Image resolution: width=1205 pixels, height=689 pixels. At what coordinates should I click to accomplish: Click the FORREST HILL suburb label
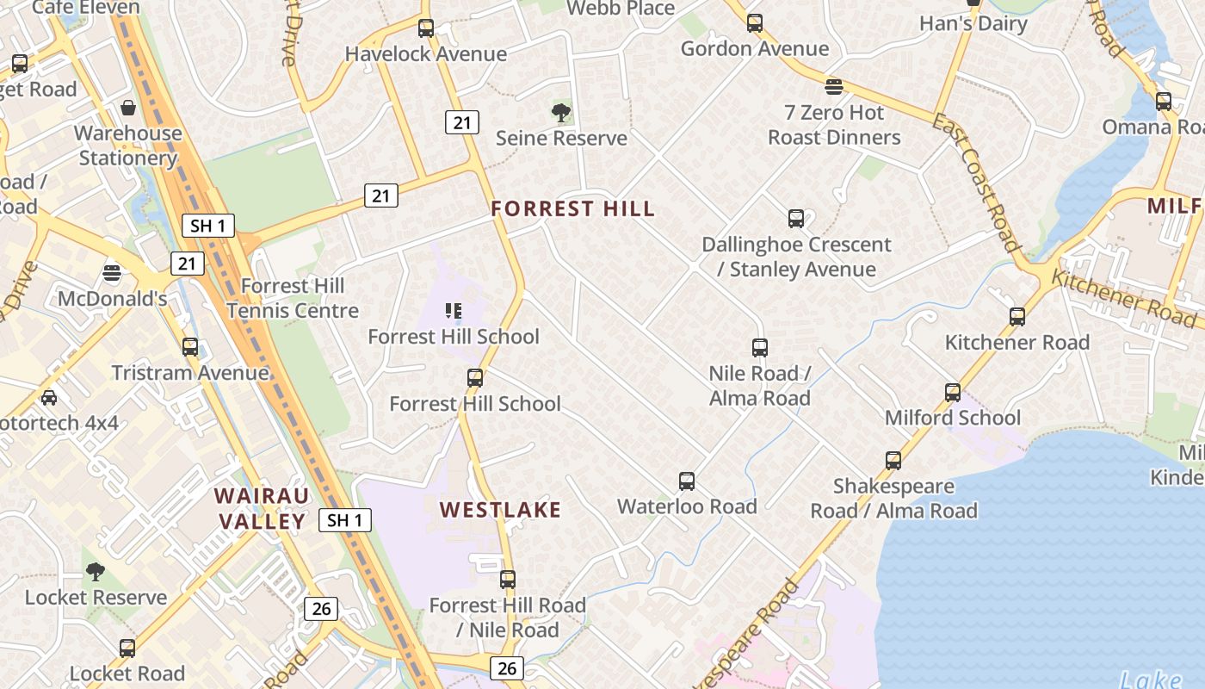coord(572,208)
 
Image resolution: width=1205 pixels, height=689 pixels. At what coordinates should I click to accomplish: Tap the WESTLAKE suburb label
coord(500,510)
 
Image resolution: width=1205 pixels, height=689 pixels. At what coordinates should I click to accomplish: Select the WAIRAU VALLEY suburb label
coord(261,508)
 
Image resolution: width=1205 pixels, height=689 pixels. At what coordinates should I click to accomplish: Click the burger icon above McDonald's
coord(112,274)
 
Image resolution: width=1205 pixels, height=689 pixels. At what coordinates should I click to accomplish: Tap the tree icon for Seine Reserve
coord(561,112)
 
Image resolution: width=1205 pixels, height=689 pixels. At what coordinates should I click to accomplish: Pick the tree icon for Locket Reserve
coord(96,572)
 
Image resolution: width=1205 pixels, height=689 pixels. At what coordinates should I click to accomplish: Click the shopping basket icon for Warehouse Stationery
coord(128,108)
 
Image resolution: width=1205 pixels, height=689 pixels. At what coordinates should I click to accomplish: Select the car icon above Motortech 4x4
coord(49,398)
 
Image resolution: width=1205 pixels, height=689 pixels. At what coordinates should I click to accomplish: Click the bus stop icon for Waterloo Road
coord(687,481)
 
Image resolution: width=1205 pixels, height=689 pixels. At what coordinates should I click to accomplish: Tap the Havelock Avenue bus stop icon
coord(426,28)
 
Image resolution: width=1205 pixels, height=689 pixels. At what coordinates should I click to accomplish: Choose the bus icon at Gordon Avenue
coord(755,23)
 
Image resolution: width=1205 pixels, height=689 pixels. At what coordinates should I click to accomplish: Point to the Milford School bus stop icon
coord(953,393)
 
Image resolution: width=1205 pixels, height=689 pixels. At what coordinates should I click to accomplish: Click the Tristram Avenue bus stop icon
coord(190,348)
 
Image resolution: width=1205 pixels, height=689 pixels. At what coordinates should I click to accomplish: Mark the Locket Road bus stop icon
coord(127,649)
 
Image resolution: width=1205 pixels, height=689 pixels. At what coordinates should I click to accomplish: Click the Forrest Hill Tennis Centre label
coord(293,298)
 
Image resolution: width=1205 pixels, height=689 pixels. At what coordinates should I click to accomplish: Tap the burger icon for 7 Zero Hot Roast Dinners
coord(833,87)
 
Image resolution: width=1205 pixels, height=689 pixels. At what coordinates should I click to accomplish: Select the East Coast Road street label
coord(976,182)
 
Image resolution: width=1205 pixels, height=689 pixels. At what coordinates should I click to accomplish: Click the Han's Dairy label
coord(973,23)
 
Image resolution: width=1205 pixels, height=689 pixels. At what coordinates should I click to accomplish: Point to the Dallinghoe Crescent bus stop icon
coord(796,219)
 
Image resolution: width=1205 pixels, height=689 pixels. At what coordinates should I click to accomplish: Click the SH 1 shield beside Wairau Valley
coord(345,520)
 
